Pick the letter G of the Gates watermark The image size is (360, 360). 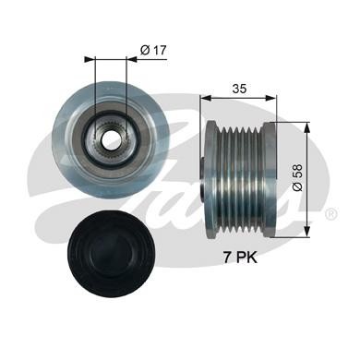pyautogui.click(x=55, y=185)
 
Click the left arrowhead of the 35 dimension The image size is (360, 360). pyautogui.click(x=204, y=94)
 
